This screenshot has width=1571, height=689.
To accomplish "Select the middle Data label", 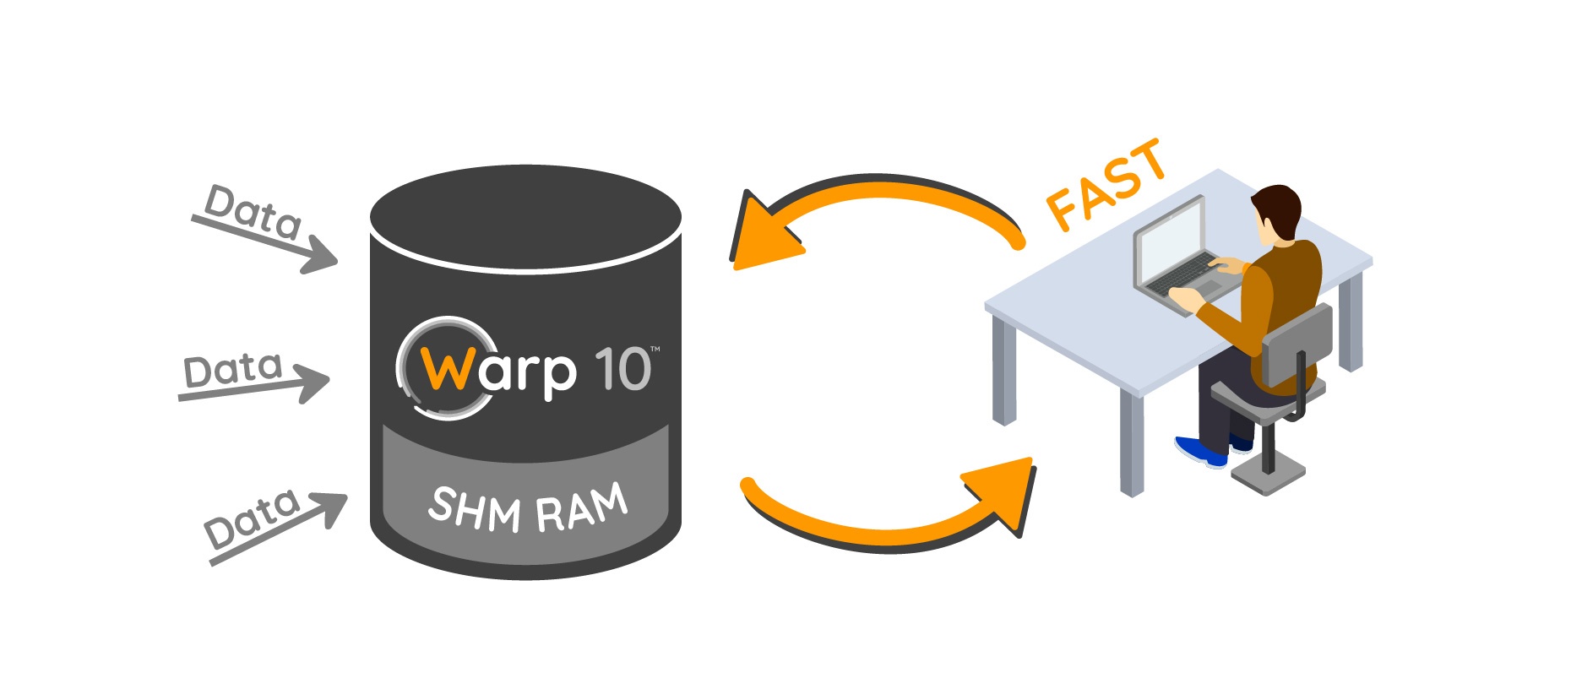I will point(232,369).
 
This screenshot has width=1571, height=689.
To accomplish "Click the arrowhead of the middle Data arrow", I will point(314,382).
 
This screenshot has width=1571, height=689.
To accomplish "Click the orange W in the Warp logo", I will point(445,369).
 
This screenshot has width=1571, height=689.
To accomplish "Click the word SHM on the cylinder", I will point(475,509).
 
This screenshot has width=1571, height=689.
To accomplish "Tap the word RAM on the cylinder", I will point(583,509).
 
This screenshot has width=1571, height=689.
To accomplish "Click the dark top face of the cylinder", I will point(525,215).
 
